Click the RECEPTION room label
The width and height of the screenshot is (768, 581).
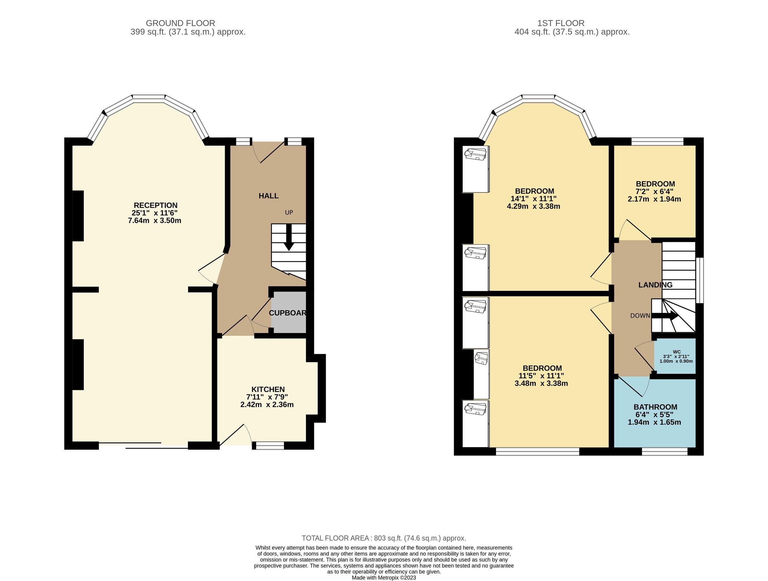coord(156,205)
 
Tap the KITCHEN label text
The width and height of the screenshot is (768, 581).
coord(268,389)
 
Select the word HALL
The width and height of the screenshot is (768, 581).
coord(268,196)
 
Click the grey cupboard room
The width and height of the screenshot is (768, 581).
coord(288,312)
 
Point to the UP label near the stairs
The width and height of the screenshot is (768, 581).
coord(289,212)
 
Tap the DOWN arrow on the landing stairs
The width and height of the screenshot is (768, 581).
coord(665,315)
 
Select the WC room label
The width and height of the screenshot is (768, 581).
coord(676,352)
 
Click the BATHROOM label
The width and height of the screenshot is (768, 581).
coord(655,407)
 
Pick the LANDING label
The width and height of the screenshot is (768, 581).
coord(655,285)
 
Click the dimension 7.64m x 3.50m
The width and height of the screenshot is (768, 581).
coord(154,221)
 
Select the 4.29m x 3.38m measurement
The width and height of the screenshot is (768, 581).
coord(533,207)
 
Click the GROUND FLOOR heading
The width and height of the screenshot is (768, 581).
coord(180,23)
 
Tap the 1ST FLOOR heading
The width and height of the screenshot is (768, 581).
coord(561,23)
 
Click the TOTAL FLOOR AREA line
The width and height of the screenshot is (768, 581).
coord(384,538)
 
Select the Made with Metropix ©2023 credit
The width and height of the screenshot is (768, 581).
coord(384,577)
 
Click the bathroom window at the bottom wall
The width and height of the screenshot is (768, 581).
coord(664,451)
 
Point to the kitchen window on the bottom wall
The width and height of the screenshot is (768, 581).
coord(270,446)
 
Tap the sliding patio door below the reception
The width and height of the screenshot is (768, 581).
coord(143,445)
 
